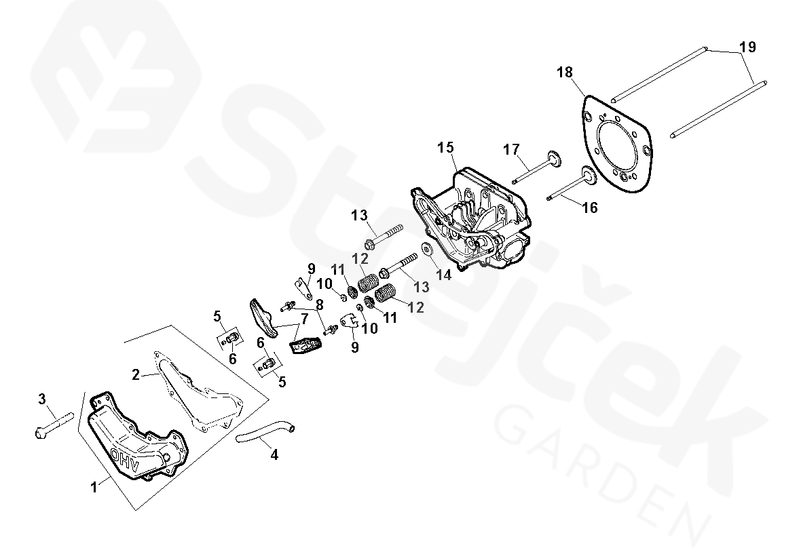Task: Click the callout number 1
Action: tap(93, 488)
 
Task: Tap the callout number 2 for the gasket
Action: tap(135, 375)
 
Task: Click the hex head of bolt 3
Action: tap(39, 433)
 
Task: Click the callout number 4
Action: tap(274, 455)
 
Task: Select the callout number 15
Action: tap(445, 148)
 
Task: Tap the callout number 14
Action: tap(444, 275)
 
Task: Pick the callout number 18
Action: tap(565, 73)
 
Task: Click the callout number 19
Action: tap(747, 47)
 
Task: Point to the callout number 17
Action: tap(511, 149)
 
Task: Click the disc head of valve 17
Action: tap(553, 158)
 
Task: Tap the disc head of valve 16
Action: tap(589, 177)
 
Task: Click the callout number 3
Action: tap(42, 399)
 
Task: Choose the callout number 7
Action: tap(304, 319)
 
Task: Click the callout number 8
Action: tap(320, 305)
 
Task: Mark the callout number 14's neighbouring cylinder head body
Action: tap(472, 219)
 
